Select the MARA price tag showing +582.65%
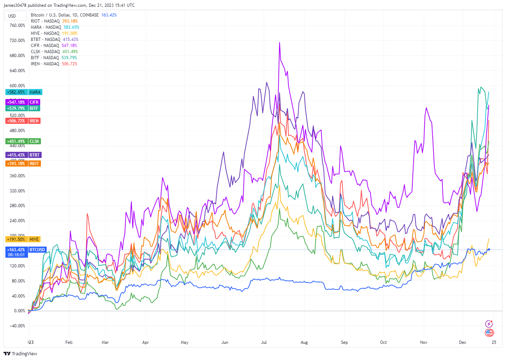[24, 92]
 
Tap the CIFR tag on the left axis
[34, 102]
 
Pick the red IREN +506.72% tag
[23, 121]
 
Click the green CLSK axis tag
[34, 141]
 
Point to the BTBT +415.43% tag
[24, 155]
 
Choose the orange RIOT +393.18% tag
[23, 164]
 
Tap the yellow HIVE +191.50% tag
[23, 239]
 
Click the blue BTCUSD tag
[37, 250]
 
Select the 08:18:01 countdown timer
[17, 255]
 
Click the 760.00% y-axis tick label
[17, 25]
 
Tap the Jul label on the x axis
[264, 342]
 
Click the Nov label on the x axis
[423, 342]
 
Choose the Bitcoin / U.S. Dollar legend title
[65, 15]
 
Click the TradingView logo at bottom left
[20, 354]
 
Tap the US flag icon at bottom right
[489, 333]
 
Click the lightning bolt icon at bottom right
[489, 324]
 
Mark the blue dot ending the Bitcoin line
[489, 249]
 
